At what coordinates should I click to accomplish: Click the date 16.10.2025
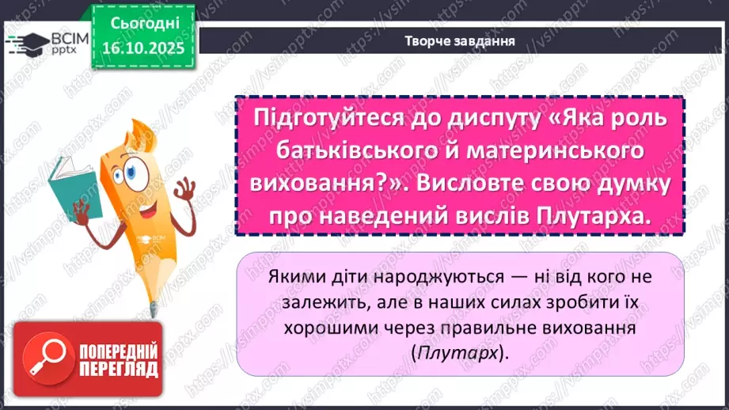tap(142, 47)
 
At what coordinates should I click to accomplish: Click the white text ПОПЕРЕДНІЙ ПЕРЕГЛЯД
tap(116, 362)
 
